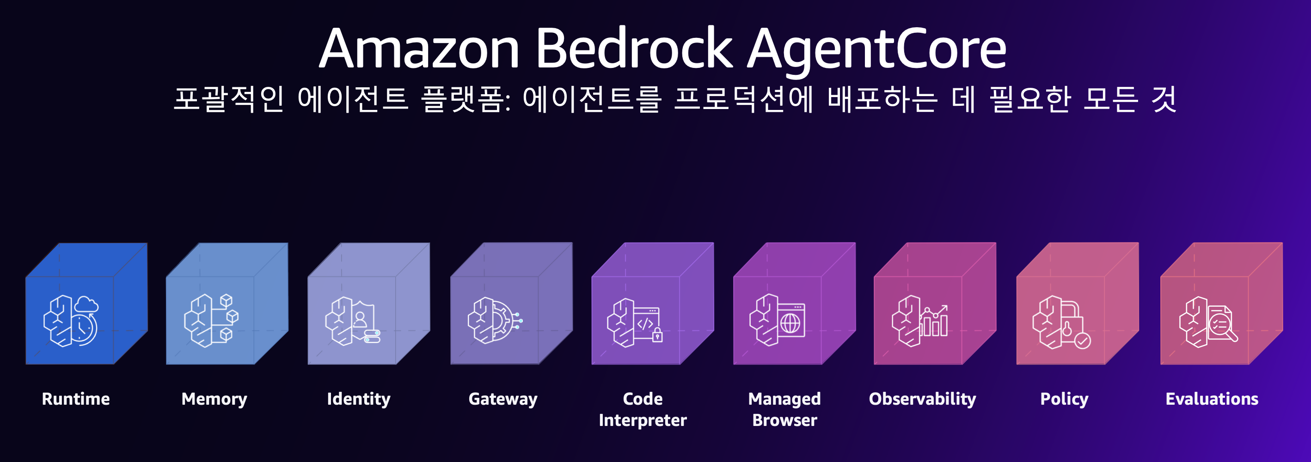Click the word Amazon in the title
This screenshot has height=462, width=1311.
click(x=419, y=49)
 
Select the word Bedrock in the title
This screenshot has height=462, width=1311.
click(x=634, y=49)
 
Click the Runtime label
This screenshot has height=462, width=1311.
click(x=76, y=399)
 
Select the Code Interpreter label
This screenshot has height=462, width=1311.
click(x=643, y=410)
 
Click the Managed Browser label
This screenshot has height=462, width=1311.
click(x=784, y=410)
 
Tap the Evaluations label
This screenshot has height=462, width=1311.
click(x=1212, y=399)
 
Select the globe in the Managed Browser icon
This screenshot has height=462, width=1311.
click(x=790, y=323)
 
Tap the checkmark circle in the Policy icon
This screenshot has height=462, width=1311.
click(x=1083, y=340)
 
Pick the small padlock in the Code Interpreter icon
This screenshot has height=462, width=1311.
click(x=657, y=335)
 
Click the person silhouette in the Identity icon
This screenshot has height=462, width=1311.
click(x=360, y=320)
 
